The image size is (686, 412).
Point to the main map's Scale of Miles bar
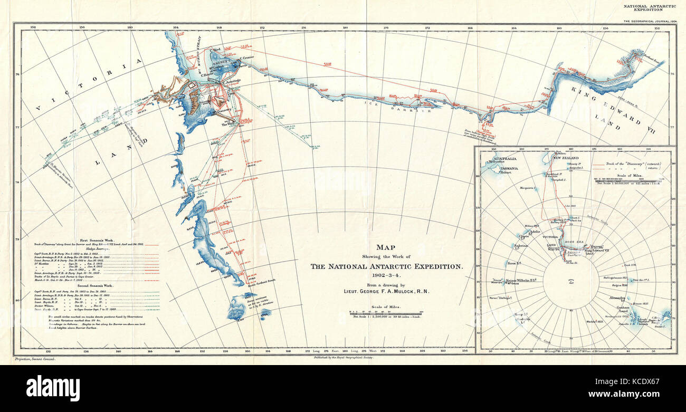(x=387, y=313)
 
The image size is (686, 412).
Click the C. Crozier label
(x=247, y=59)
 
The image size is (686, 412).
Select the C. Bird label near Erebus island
(x=215, y=50)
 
